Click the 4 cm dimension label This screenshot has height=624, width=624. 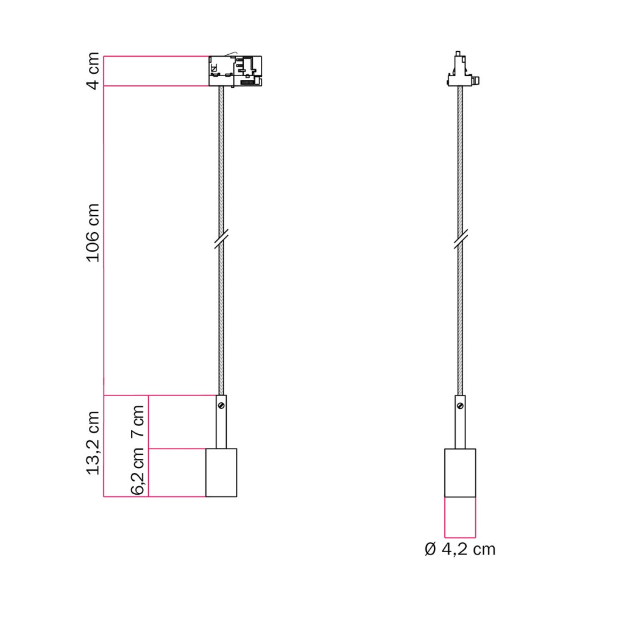[93, 71]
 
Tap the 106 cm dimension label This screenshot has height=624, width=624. [93, 233]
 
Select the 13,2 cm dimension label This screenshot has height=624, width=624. [93, 443]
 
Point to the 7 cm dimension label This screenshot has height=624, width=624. [138, 421]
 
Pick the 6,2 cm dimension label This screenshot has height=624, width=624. [138, 471]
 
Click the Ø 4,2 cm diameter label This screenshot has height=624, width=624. [460, 550]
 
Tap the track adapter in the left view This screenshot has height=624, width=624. [235, 71]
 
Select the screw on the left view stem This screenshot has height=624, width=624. [222, 405]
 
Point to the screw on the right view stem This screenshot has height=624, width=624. [461, 406]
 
